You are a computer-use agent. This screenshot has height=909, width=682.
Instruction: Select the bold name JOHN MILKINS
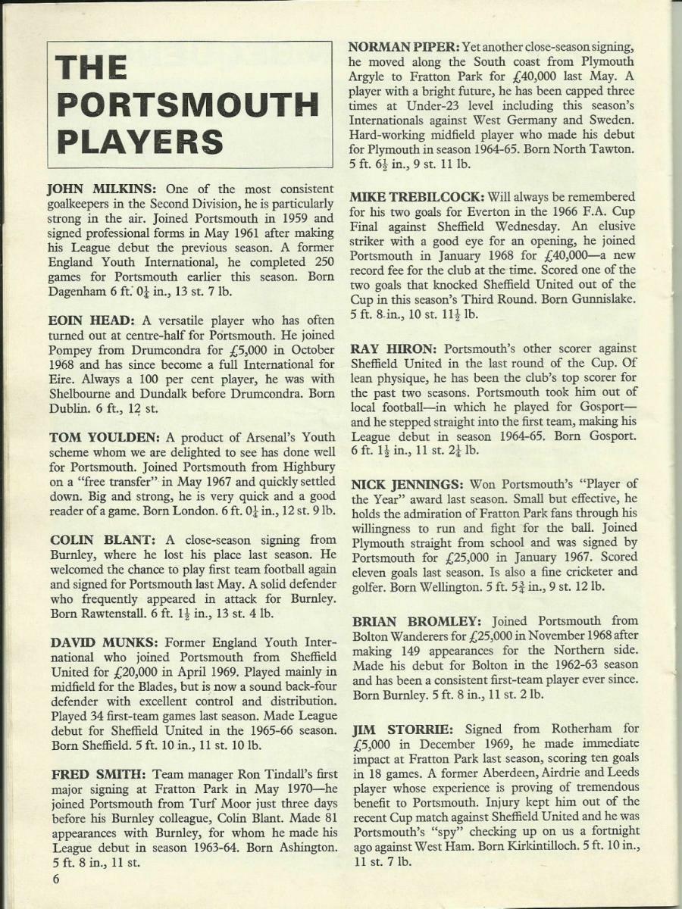[96, 189]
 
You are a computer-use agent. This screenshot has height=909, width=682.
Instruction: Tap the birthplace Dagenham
[83, 292]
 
